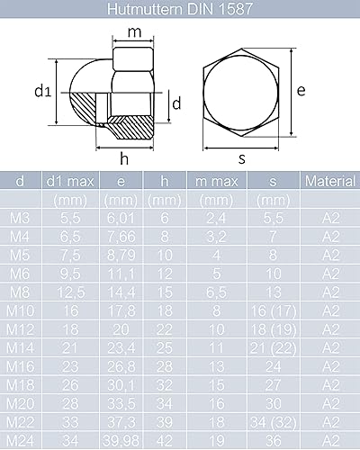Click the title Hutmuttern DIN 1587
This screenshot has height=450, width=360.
click(x=180, y=9)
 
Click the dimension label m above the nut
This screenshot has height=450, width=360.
click(x=134, y=32)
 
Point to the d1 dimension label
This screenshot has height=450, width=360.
click(x=43, y=91)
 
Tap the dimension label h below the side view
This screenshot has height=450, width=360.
click(x=124, y=158)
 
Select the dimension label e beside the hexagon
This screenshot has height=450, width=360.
click(x=301, y=90)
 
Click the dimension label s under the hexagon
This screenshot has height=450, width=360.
click(x=242, y=158)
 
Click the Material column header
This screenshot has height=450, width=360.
click(x=330, y=181)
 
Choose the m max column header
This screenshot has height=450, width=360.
click(x=217, y=181)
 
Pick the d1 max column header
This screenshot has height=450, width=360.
click(x=70, y=181)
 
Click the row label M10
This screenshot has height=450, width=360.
click(x=20, y=310)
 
